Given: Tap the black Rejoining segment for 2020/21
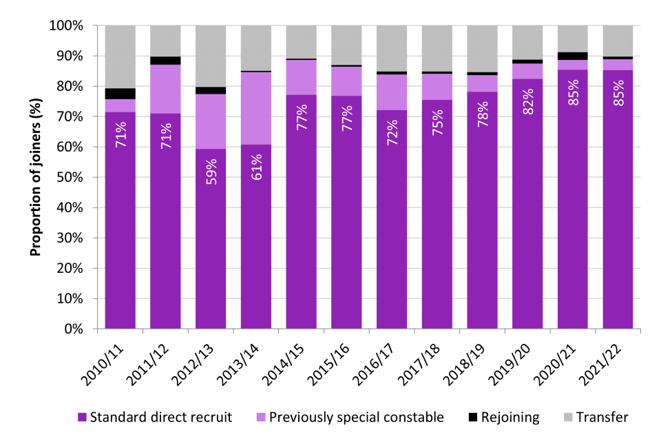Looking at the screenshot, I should click(x=572, y=56).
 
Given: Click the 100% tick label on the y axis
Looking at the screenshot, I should click(x=66, y=25).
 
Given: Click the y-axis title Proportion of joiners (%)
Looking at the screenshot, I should click(x=35, y=178).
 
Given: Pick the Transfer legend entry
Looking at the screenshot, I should click(x=595, y=417).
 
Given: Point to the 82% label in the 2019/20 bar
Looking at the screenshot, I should click(x=528, y=101).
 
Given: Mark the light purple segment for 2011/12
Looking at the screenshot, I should click(x=166, y=89).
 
